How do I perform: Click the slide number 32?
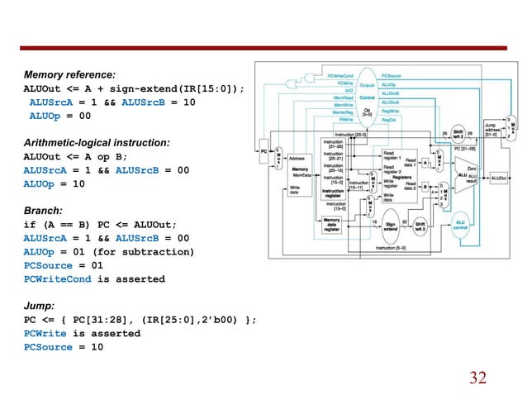tap(477, 378)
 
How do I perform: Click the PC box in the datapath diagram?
tap(263, 152)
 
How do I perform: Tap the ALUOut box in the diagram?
tap(498, 177)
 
